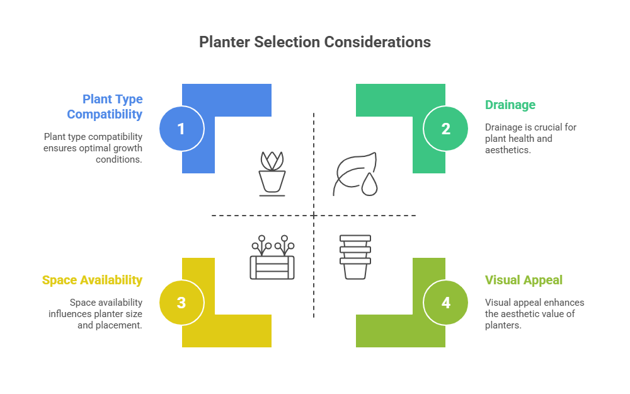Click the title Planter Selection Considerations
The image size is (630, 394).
point(315,42)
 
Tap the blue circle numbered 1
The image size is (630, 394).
point(181,129)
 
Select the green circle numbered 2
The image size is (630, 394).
point(445,129)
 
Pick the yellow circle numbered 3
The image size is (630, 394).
point(181,303)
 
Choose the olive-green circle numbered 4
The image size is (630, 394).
point(445,303)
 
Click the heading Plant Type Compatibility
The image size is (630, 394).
point(105,107)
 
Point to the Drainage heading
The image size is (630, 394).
point(510,105)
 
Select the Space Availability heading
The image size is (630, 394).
point(92,280)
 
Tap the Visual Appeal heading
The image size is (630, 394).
point(524,280)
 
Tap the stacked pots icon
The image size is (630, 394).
point(355,257)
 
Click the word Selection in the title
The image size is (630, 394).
point(277,42)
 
